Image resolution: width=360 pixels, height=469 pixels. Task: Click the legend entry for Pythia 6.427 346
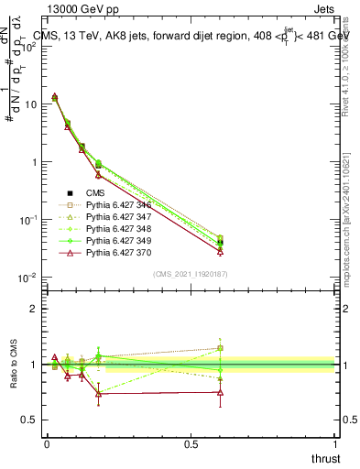point(115,206)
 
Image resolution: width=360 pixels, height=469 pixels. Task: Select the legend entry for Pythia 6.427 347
point(115,218)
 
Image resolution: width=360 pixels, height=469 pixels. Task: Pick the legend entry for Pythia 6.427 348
point(115,230)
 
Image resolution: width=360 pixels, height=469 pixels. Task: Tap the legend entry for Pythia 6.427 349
point(115,242)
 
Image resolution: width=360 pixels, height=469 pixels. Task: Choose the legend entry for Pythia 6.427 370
point(115,254)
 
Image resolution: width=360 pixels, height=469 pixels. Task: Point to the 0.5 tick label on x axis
point(191,443)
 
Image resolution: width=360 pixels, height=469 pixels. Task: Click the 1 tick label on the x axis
point(334,443)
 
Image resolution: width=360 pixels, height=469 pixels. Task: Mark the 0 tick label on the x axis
point(47,443)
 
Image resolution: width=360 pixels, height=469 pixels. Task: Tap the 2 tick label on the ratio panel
point(33,309)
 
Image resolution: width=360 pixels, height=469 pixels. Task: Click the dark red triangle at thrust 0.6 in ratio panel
point(220,393)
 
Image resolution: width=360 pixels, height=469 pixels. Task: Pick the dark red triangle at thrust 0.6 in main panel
point(220,251)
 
